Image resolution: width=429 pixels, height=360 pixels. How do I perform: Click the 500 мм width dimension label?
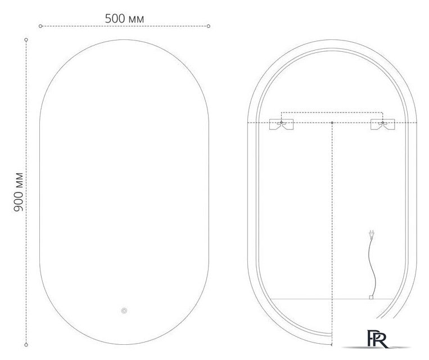[124, 19]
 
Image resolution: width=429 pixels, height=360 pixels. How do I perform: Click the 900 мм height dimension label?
[18, 192]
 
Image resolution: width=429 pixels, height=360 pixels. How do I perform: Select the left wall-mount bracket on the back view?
[281, 125]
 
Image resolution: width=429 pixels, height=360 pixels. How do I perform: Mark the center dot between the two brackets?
[332, 122]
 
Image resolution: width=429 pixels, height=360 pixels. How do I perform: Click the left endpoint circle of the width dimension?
[40, 26]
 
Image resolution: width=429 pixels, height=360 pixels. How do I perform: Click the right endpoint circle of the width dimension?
[209, 26]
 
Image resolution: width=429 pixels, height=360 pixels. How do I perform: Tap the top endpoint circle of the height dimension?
[26, 39]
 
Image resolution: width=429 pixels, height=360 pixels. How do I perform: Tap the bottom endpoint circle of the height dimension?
[26, 344]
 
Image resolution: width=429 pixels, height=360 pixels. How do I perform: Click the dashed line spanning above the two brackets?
[332, 111]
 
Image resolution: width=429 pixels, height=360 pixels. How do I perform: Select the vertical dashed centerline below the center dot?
[332, 225]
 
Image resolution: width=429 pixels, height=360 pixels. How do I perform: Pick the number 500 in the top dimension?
[115, 19]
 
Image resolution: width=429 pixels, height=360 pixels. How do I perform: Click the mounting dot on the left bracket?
[281, 122]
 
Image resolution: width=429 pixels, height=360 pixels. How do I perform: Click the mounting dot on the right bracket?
[383, 122]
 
